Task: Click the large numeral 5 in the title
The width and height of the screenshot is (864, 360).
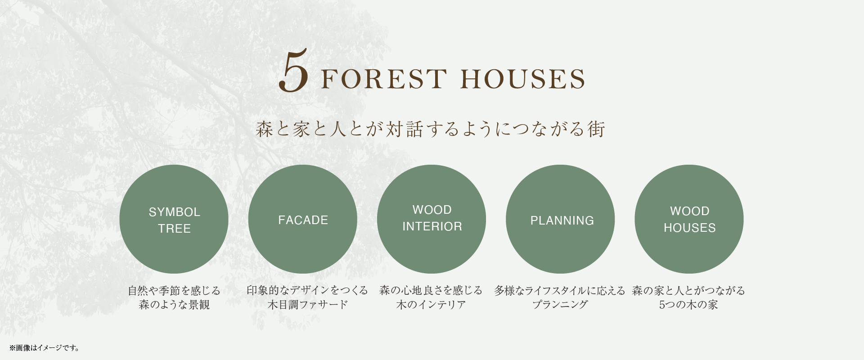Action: (x=293, y=71)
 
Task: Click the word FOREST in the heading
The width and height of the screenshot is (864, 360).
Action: (x=384, y=79)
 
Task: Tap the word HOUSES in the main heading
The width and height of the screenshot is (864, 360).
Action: (x=523, y=79)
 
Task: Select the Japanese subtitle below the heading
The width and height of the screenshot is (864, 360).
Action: (x=431, y=129)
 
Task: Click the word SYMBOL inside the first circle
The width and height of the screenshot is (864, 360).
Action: (x=175, y=212)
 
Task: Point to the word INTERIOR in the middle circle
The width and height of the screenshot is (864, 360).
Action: (x=432, y=226)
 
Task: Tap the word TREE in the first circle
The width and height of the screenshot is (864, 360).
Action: (x=175, y=229)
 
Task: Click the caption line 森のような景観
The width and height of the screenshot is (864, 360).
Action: (x=174, y=305)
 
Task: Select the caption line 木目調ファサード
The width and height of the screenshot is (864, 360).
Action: (x=308, y=305)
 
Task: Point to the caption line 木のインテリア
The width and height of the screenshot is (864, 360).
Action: (x=431, y=305)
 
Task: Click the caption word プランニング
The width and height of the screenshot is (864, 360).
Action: (x=560, y=305)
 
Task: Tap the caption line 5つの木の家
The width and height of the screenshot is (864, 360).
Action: (x=688, y=305)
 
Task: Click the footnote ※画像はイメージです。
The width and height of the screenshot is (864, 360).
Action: (x=45, y=348)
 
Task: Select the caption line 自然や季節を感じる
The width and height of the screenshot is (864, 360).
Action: (x=174, y=291)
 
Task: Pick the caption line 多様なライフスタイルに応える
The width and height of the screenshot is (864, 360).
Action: (x=560, y=291)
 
